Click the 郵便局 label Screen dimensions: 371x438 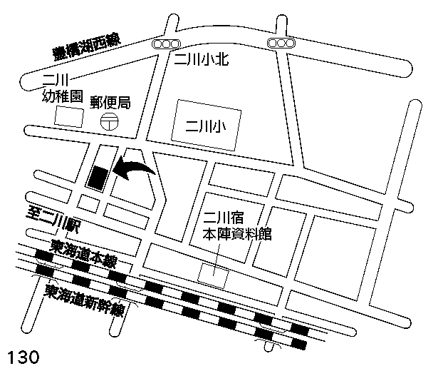[110, 102]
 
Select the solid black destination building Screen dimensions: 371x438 [98, 177]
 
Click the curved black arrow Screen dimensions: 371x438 [135, 171]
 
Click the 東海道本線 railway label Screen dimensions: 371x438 [84, 253]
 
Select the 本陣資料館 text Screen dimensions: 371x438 [237, 234]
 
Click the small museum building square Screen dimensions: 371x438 [213, 274]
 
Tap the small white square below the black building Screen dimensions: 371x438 [88, 204]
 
